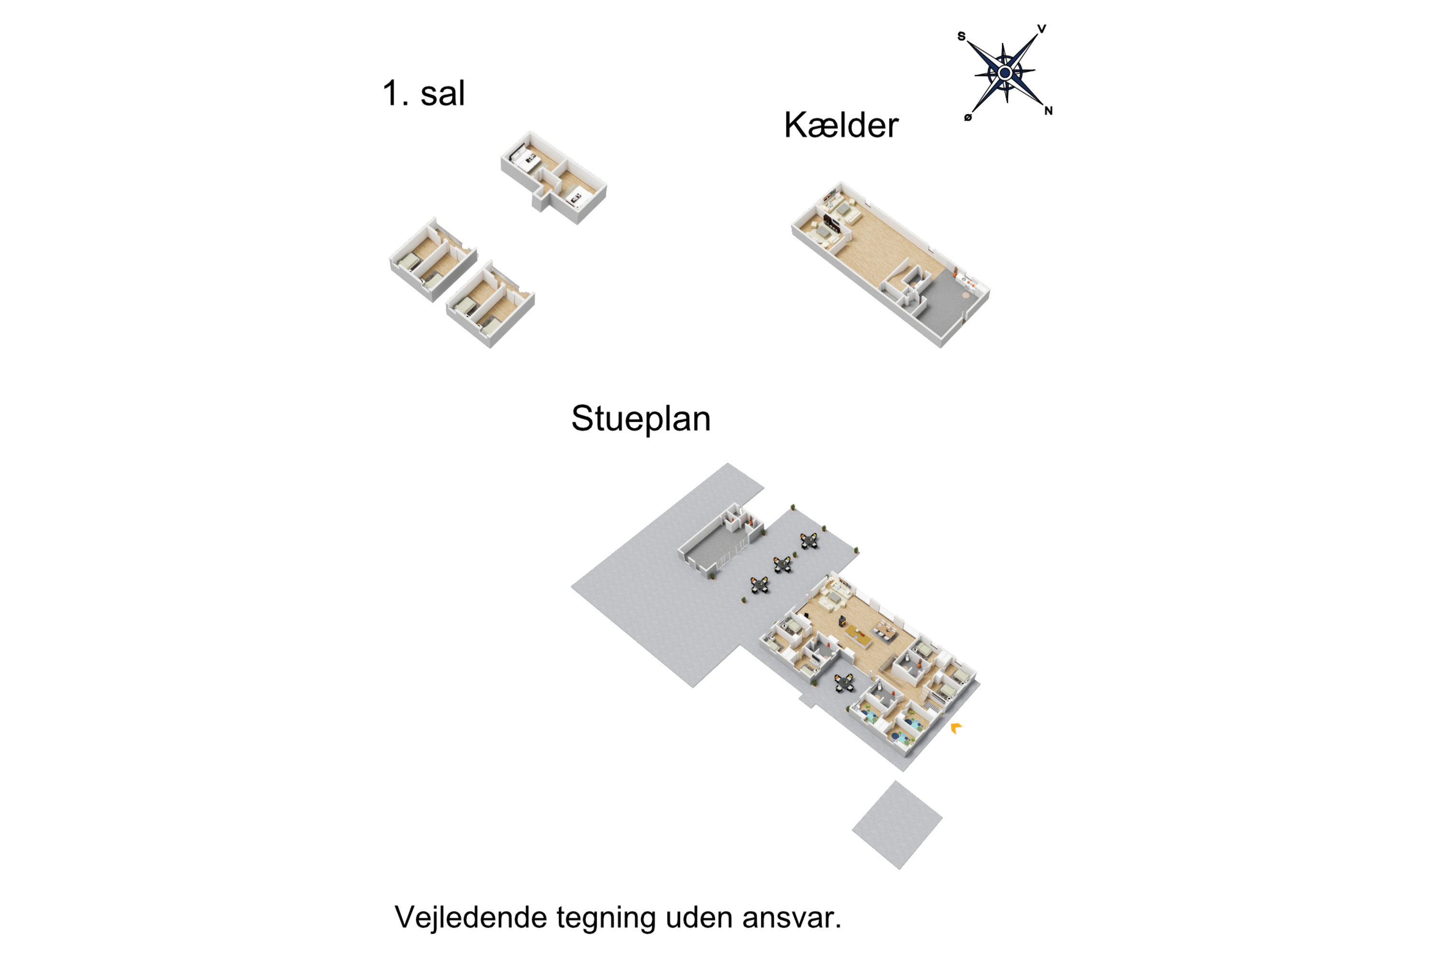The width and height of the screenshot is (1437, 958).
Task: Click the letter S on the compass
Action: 961,36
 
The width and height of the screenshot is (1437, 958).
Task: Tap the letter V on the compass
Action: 1042,29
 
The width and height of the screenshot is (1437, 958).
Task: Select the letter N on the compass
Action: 1049,111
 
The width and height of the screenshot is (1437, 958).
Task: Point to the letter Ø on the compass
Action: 968,117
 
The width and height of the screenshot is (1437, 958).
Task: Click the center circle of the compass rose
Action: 1005,73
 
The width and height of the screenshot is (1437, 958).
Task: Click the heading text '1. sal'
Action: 423,93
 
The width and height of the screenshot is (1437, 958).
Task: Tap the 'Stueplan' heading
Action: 641,419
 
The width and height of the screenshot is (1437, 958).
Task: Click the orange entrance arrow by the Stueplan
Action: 956,727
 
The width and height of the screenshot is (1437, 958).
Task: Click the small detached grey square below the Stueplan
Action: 897,824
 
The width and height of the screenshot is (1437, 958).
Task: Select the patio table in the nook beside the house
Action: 844,683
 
